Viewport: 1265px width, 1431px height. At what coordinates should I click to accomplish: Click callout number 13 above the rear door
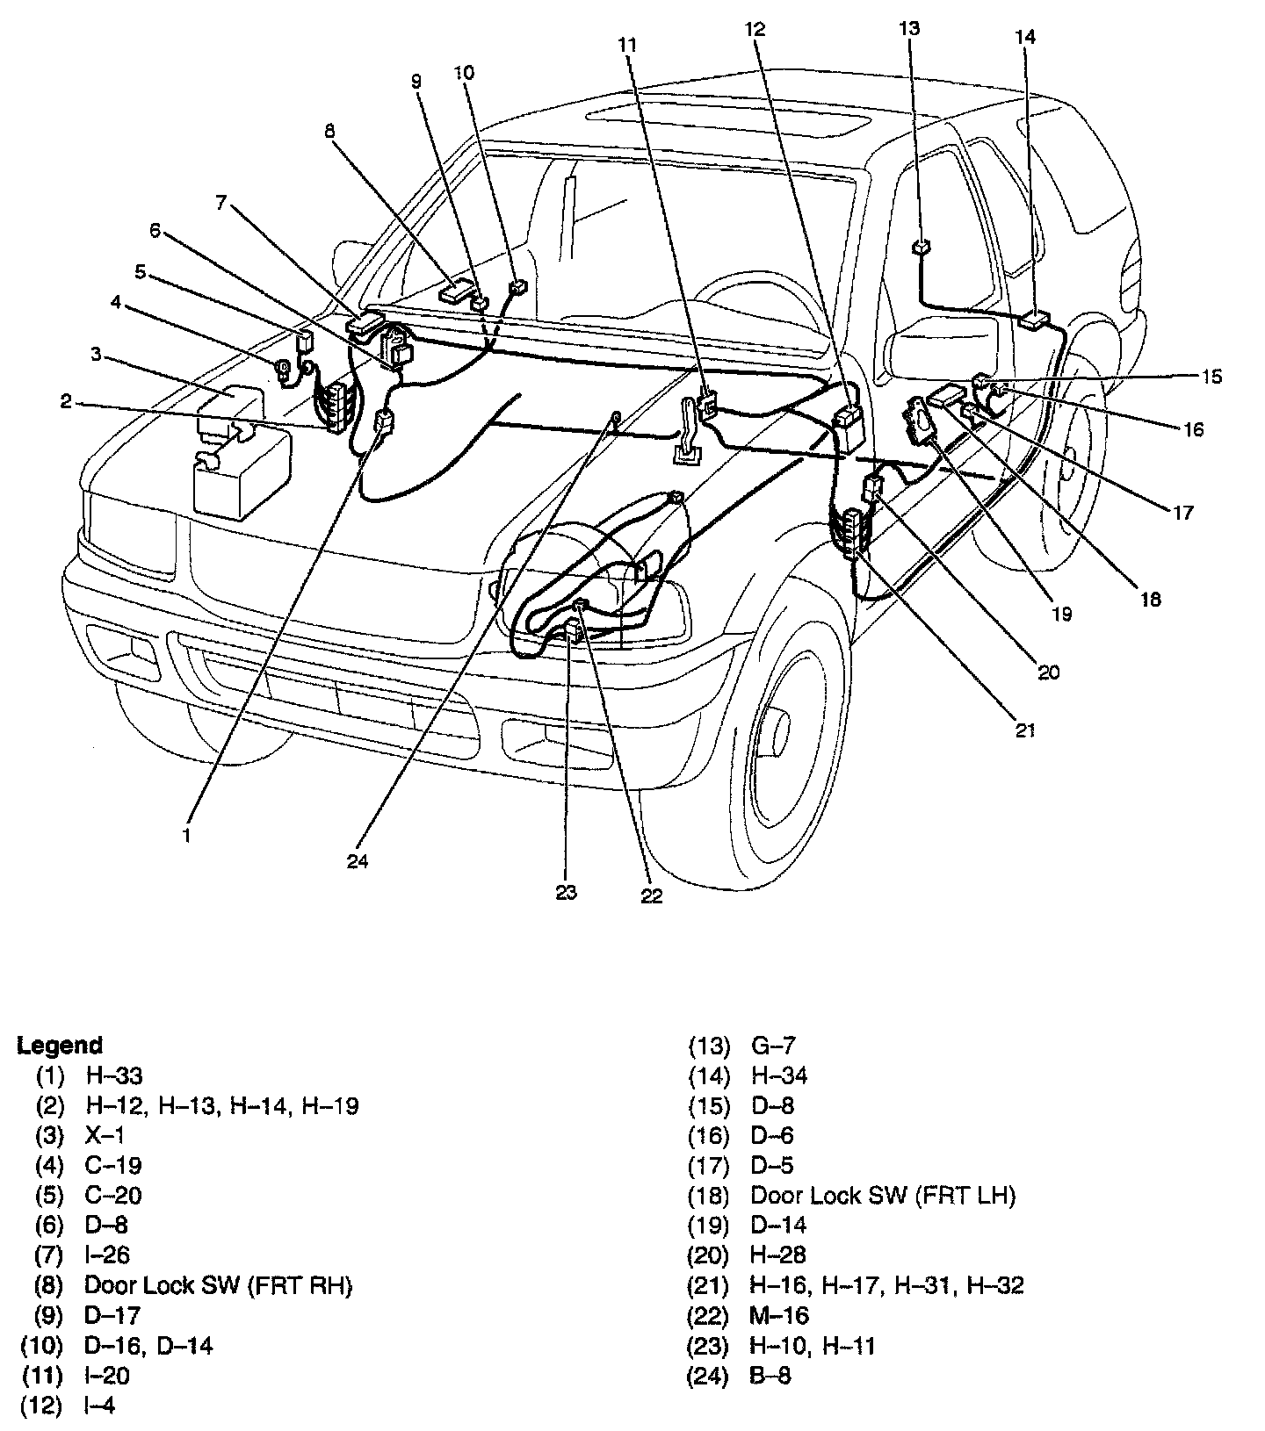[909, 29]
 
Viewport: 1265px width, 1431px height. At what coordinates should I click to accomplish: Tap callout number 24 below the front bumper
[358, 861]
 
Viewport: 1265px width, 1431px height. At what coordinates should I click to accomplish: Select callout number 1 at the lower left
[186, 837]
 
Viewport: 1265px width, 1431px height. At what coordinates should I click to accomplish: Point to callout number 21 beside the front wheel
[1026, 730]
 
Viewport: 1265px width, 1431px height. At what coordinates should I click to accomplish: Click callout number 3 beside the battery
[97, 354]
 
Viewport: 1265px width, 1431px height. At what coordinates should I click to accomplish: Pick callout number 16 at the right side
[1193, 429]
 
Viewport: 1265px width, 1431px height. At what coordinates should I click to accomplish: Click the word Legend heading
[60, 1046]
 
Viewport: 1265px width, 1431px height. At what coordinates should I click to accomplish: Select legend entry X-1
[105, 1135]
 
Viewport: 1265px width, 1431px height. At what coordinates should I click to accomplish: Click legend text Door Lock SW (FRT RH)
[218, 1285]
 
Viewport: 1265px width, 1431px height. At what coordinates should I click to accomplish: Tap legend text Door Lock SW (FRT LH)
[883, 1196]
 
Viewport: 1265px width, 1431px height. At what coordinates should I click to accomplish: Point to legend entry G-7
[773, 1046]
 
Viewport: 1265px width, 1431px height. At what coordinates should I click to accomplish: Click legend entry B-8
[771, 1375]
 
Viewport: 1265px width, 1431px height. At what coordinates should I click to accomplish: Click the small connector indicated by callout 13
[921, 247]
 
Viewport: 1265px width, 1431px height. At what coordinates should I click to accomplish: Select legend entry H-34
[779, 1075]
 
